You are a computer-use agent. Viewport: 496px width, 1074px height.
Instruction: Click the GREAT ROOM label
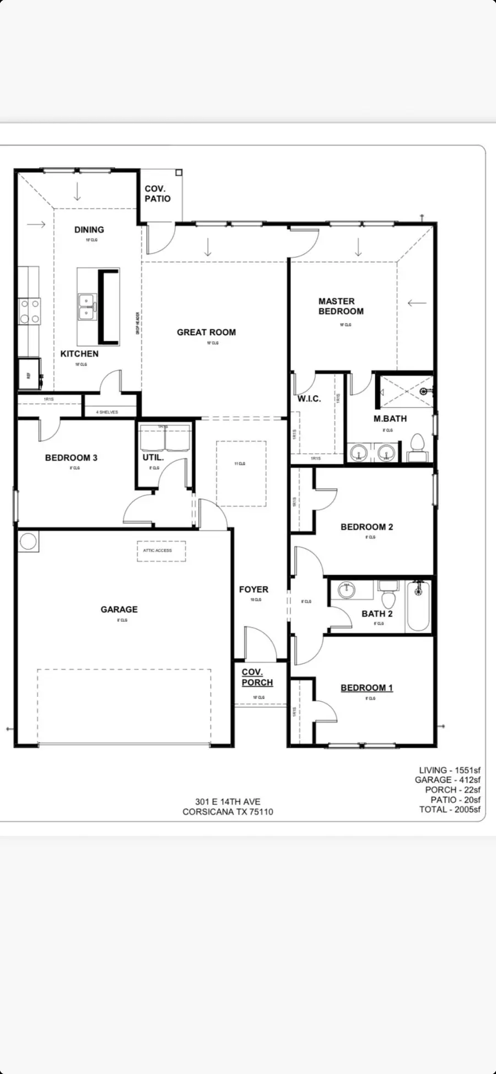[206, 332]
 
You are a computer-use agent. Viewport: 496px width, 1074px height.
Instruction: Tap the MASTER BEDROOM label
[341, 306]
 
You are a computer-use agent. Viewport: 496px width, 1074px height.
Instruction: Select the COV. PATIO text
[158, 194]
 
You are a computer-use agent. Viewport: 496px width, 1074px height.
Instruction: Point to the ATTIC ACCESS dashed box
[161, 551]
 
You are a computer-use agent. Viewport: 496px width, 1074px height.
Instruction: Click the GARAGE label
[119, 609]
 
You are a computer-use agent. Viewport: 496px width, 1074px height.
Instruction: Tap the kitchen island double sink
[87, 307]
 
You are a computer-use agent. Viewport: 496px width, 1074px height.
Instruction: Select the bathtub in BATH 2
[418, 606]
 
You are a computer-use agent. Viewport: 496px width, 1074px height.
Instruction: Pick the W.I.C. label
[309, 399]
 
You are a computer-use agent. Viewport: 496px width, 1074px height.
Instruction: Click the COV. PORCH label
[257, 677]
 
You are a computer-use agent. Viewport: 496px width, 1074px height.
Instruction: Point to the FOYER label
[254, 589]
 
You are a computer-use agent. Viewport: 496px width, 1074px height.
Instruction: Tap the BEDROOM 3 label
[71, 458]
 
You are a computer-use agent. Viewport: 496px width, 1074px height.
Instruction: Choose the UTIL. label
[153, 457]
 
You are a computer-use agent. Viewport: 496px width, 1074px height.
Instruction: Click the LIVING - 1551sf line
[449, 770]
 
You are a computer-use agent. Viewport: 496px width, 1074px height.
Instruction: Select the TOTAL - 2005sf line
[449, 809]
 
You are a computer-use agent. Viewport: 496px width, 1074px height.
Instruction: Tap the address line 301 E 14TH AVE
[228, 802]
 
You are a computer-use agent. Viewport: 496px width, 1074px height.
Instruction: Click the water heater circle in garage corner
[28, 541]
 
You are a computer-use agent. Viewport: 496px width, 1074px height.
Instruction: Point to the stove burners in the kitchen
[30, 311]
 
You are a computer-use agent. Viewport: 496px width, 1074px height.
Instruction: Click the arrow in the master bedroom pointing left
[417, 303]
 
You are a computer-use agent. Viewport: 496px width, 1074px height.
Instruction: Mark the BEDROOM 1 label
[366, 688]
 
